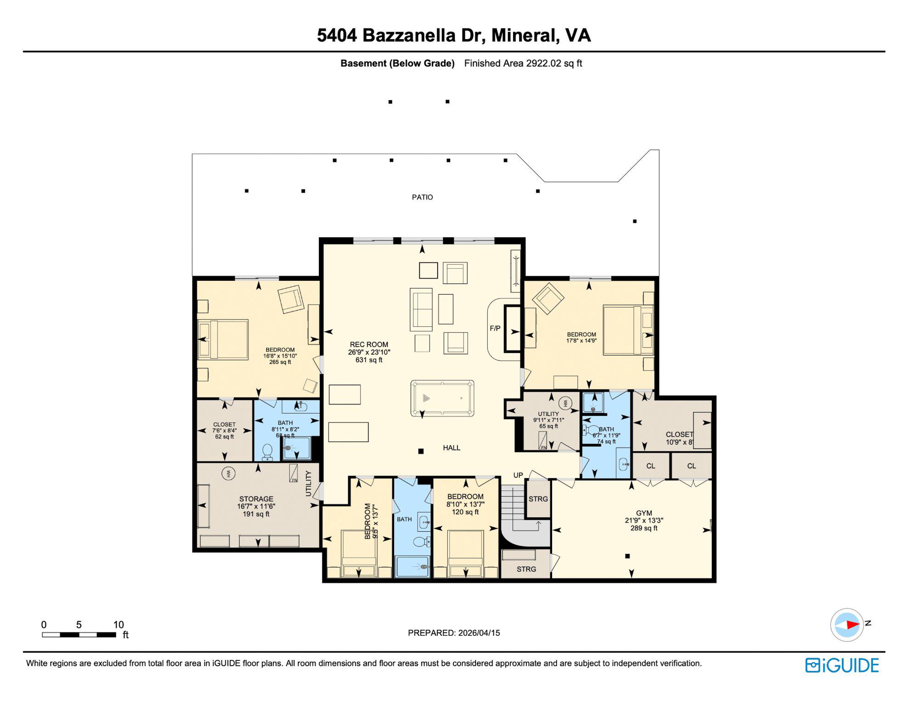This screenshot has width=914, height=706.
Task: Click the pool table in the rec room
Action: coord(442,398)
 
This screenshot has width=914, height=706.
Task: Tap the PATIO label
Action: coord(422,197)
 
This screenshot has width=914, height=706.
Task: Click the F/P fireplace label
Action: coord(495,329)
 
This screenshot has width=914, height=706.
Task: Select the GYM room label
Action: coord(643,513)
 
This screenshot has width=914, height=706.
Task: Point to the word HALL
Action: coord(451,448)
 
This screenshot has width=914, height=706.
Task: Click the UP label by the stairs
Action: coord(518,475)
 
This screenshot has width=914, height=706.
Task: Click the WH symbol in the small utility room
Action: coord(565,404)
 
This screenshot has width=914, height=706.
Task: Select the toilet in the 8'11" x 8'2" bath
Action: coord(267,452)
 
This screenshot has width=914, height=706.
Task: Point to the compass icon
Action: coord(846,625)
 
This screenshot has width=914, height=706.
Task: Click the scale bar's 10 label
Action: coord(118,625)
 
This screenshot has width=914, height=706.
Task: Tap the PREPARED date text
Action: coord(454,633)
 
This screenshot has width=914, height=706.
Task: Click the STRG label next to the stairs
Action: coord(538,499)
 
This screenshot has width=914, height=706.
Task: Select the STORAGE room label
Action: coord(256,499)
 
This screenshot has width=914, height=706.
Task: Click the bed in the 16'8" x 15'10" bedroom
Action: coord(223,339)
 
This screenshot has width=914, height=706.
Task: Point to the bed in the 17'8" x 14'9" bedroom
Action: coord(628,330)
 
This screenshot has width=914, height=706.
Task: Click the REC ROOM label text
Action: coord(369,344)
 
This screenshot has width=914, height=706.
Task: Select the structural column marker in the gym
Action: coord(627,556)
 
